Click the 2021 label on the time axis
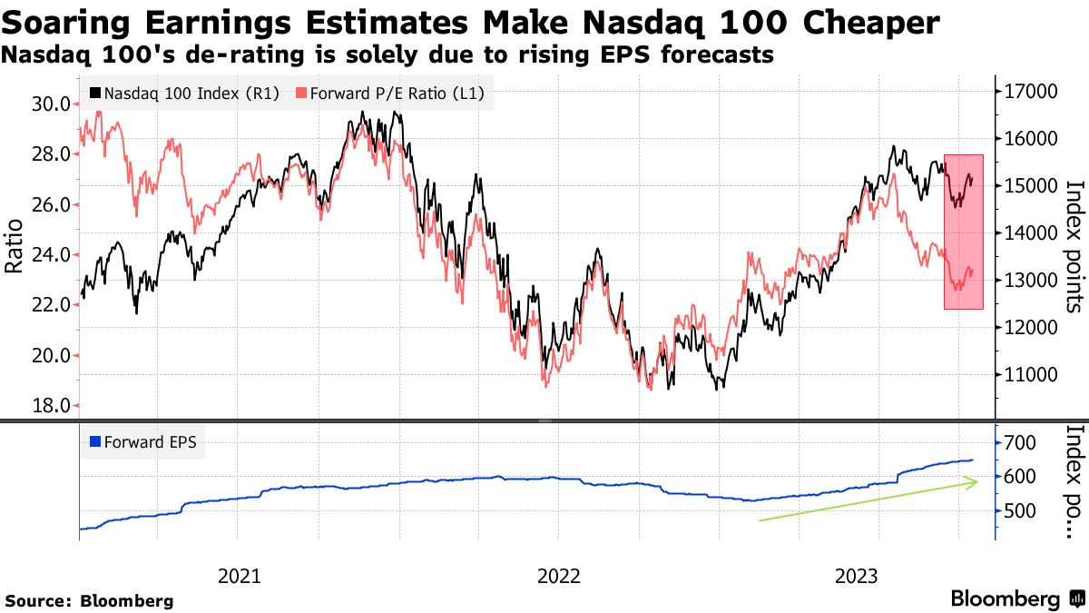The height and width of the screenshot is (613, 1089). pyautogui.click(x=240, y=576)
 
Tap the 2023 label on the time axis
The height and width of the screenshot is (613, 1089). pyautogui.click(x=856, y=576)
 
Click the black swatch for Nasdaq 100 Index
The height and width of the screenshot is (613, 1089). pyautogui.click(x=95, y=93)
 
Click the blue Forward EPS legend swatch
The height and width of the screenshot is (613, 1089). pyautogui.click(x=95, y=443)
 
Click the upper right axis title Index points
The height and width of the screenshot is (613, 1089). pyautogui.click(x=1074, y=245)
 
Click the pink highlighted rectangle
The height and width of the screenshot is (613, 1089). pyautogui.click(x=964, y=232)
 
